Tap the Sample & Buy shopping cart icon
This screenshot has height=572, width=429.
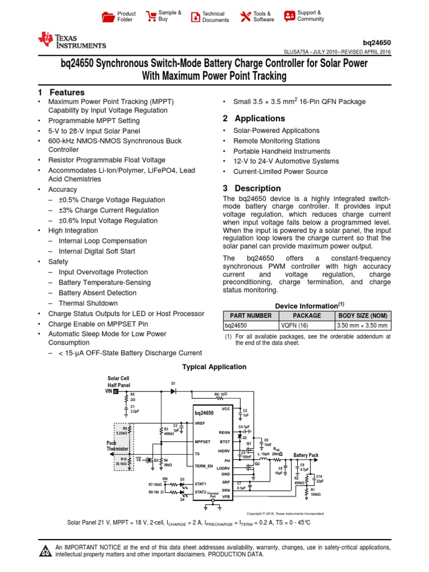tap(151, 16)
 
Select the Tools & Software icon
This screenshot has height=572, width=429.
tap(246, 16)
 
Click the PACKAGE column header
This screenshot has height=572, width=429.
tap(306, 316)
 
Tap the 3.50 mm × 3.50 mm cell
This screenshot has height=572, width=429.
tap(363, 326)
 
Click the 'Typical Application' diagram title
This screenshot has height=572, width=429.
tap(214, 367)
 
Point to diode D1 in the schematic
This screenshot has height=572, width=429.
tap(173, 390)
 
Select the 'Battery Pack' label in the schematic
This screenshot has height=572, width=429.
tap(306, 455)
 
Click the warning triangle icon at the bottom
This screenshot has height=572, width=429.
tap(44, 551)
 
